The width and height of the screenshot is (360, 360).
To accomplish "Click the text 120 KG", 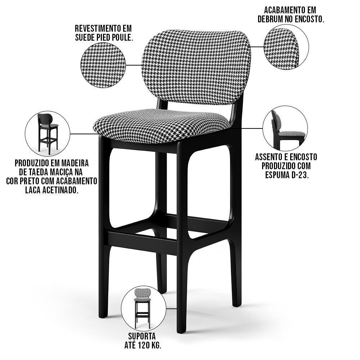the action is (149, 345).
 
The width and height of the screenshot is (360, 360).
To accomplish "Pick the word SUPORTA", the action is (142, 336).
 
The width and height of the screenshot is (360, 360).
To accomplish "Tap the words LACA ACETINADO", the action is (52, 190).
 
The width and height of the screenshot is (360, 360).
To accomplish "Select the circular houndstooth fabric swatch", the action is (103, 65).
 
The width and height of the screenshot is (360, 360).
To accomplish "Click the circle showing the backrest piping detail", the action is (286, 47).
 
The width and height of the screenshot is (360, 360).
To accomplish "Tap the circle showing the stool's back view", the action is (48, 134).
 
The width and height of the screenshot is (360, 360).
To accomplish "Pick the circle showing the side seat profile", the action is (285, 128).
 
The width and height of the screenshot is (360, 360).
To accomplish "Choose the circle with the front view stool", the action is (144, 309).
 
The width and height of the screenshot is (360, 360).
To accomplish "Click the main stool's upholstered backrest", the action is (196, 67).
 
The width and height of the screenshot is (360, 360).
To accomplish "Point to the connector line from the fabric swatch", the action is (134, 65).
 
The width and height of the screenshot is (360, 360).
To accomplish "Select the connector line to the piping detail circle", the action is (257, 47).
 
